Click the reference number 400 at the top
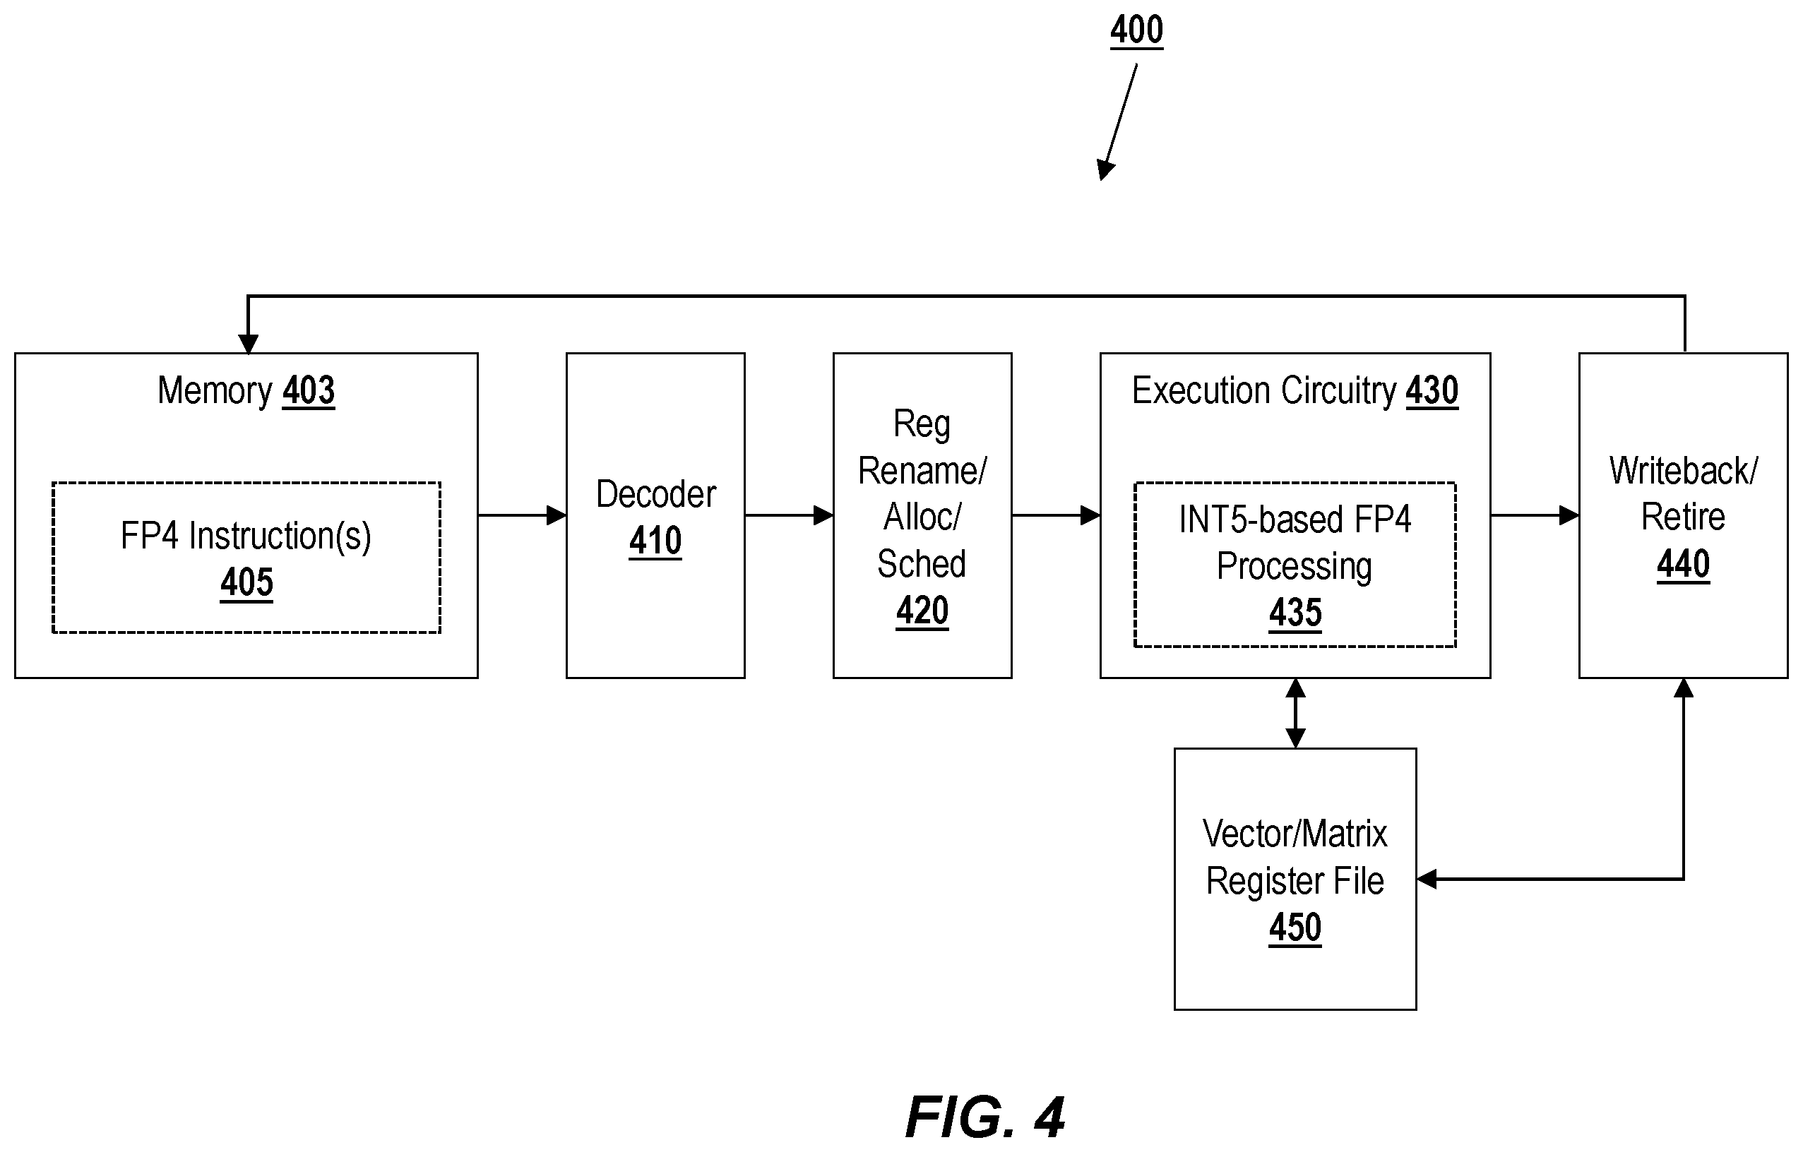click(1136, 30)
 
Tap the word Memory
click(214, 391)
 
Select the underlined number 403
click(309, 391)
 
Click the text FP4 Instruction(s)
click(246, 536)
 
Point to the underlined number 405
click(246, 582)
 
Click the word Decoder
click(656, 494)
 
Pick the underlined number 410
click(655, 541)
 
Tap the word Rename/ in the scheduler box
click(922, 472)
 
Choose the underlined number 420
click(922, 611)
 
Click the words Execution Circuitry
click(1264, 391)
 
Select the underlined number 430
click(1432, 391)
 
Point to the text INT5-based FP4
click(1295, 520)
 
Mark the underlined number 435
click(1295, 613)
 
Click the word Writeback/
click(1683, 472)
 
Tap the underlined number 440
click(1683, 565)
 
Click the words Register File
click(1295, 881)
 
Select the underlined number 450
click(1295, 928)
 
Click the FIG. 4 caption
click(985, 1117)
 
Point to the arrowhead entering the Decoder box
click(557, 515)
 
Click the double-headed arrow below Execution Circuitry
click(1295, 714)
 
